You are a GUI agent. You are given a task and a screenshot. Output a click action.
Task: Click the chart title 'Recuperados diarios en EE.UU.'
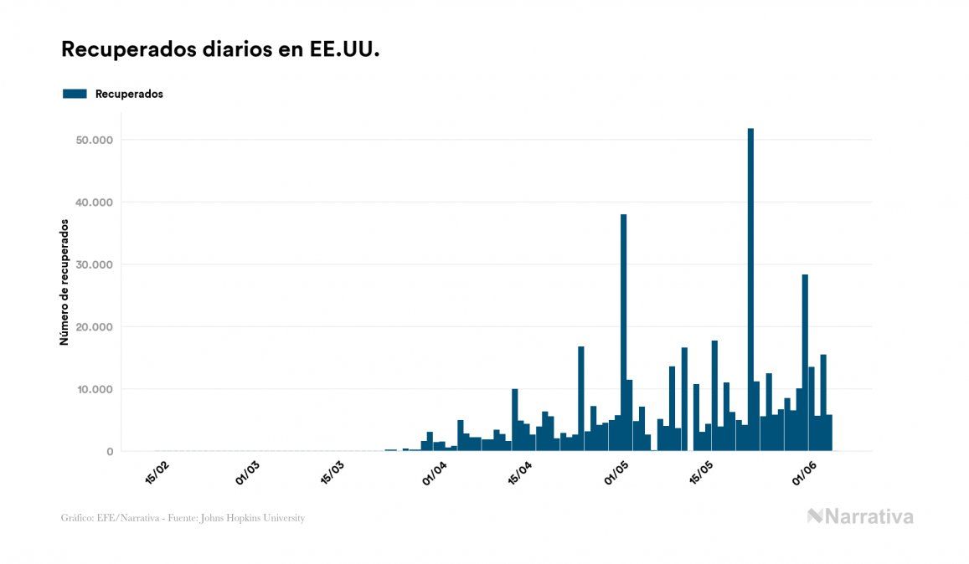pyautogui.click(x=221, y=49)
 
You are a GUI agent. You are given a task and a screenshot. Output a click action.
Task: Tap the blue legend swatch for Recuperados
pyautogui.click(x=75, y=94)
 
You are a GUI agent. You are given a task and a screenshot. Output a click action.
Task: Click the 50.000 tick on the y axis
pyautogui.click(x=95, y=140)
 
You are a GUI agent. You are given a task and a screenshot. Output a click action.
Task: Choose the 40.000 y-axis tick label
pyautogui.click(x=95, y=203)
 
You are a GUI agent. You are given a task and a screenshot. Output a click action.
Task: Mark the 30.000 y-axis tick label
pyautogui.click(x=95, y=264)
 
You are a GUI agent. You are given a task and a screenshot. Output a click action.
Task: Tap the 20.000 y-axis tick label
pyautogui.click(x=95, y=327)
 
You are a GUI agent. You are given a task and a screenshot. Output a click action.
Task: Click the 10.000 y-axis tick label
pyautogui.click(x=95, y=389)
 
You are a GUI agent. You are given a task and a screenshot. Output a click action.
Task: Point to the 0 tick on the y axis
pyautogui.click(x=109, y=452)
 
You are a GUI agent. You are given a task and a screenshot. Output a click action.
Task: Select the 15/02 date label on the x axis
pyautogui.click(x=157, y=472)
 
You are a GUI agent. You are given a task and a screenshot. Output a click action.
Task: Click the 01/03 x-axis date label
pyautogui.click(x=248, y=472)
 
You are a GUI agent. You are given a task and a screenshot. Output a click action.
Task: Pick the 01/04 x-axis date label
pyautogui.click(x=435, y=472)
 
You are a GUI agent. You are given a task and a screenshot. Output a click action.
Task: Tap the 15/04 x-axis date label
pyautogui.click(x=520, y=472)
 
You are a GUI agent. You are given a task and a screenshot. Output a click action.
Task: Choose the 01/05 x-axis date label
pyautogui.click(x=616, y=472)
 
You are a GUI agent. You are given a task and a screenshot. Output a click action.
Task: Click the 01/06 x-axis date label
pyautogui.click(x=803, y=472)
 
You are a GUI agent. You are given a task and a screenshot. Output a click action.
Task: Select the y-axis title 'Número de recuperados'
pyautogui.click(x=64, y=283)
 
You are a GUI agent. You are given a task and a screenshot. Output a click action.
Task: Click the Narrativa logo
pyautogui.click(x=860, y=516)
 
